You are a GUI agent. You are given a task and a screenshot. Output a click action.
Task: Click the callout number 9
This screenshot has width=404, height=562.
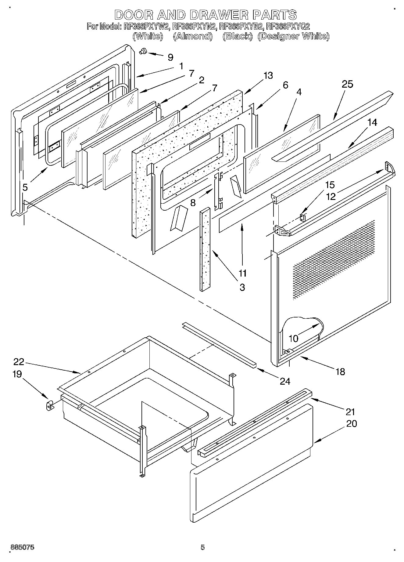click(x=170, y=57)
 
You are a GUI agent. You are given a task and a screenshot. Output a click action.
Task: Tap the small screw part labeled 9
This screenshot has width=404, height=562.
click(x=142, y=52)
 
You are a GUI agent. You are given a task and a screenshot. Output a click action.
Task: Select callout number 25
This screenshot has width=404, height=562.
click(x=347, y=84)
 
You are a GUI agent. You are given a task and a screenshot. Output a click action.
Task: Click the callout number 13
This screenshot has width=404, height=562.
click(x=268, y=75)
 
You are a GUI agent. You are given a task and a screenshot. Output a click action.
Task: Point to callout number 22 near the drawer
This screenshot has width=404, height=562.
click(x=19, y=361)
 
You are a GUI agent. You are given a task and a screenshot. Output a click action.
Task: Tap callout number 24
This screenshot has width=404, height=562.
click(x=285, y=381)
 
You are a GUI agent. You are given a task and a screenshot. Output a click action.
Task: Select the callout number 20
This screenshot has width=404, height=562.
click(x=352, y=424)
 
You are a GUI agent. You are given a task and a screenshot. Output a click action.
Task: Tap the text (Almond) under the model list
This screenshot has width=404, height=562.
click(x=193, y=36)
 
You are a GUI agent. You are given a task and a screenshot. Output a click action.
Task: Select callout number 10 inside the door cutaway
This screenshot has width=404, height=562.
click(x=293, y=338)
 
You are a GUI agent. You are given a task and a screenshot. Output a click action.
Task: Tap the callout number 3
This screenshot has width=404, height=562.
click(x=242, y=287)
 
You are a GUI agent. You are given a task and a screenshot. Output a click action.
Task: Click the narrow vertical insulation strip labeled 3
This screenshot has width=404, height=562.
click(x=205, y=249)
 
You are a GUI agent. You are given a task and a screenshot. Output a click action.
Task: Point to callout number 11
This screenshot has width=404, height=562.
click(x=243, y=273)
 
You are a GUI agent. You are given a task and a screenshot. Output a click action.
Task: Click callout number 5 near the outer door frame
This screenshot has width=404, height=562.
click(x=25, y=187)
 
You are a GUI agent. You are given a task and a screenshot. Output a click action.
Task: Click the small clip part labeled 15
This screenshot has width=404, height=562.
click(x=303, y=218)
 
